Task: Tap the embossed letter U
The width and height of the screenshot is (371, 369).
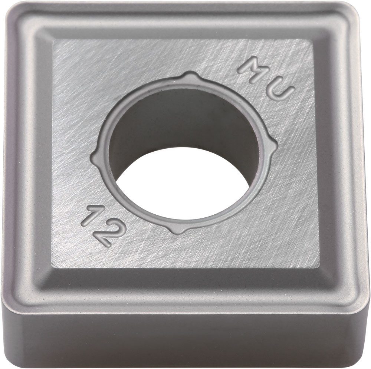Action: pos(280,91)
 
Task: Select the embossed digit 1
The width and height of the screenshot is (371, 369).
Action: pos(94,216)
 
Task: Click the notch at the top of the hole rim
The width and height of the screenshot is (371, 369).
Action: pos(188,76)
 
